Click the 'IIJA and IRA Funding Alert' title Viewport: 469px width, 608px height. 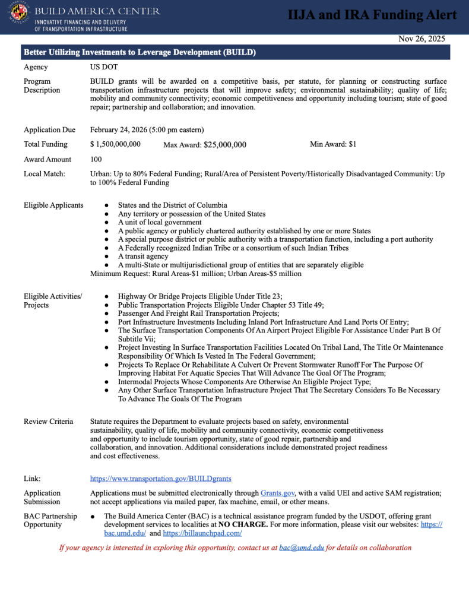pyautogui.click(x=373, y=15)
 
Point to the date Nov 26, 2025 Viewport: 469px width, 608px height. pyautogui.click(x=422, y=39)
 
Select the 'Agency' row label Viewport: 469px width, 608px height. pyautogui.click(x=36, y=68)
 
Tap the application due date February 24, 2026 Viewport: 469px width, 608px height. pyautogui.click(x=147, y=129)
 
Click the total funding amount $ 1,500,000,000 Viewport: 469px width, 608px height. pyautogui.click(x=115, y=144)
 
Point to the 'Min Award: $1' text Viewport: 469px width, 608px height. pyautogui.click(x=333, y=144)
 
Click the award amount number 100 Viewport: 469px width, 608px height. pyautogui.click(x=96, y=159)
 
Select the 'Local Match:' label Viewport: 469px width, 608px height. pyautogui.click(x=45, y=174)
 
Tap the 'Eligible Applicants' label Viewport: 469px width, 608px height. pyautogui.click(x=53, y=205)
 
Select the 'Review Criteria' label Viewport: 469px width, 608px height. pyautogui.click(x=49, y=422)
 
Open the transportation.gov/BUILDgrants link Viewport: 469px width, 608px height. pyautogui.click(x=160, y=478)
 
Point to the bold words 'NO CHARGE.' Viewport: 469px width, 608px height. pyautogui.click(x=243, y=525)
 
